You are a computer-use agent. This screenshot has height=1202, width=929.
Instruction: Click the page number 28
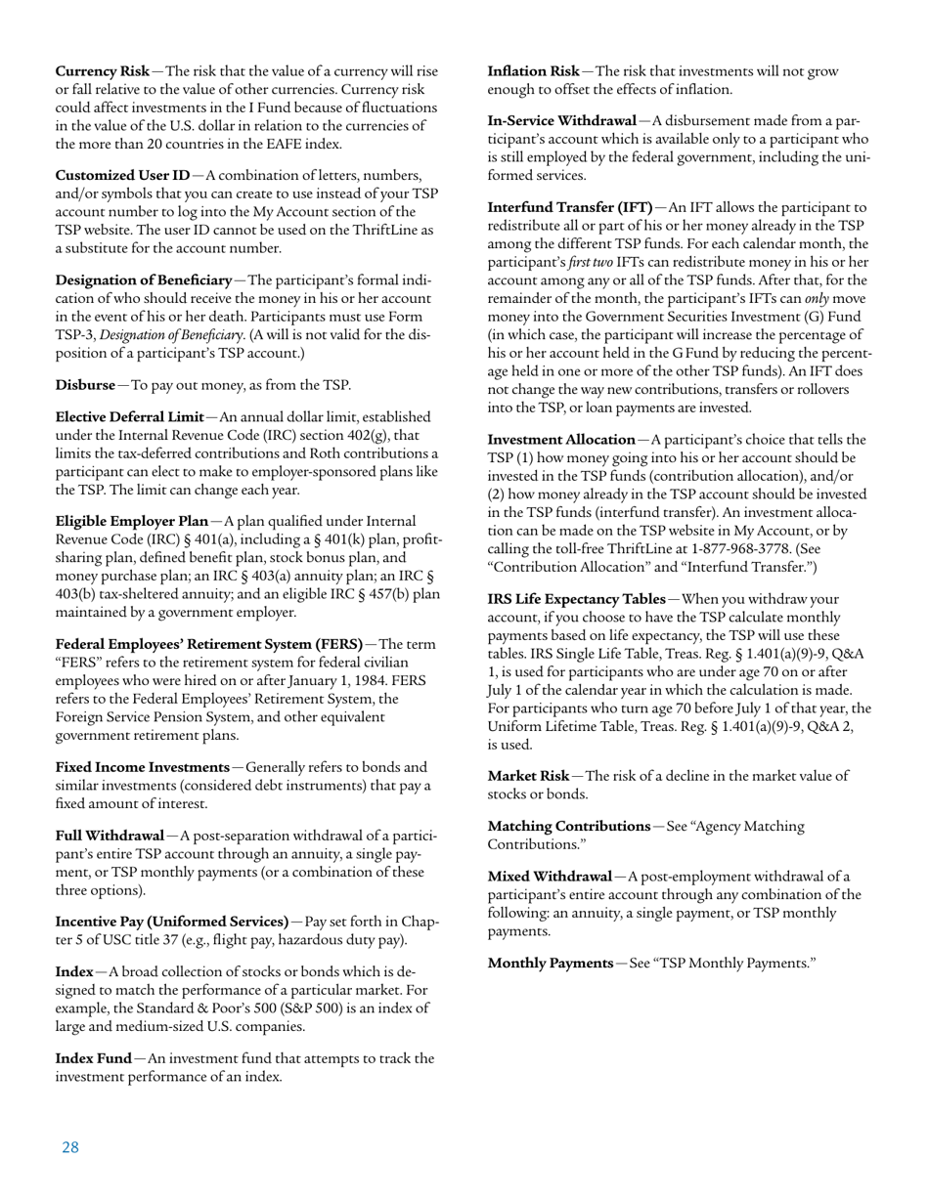(69, 1147)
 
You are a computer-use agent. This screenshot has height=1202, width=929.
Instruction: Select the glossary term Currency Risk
(103, 71)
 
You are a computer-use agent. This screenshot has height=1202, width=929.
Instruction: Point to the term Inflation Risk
(534, 71)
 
